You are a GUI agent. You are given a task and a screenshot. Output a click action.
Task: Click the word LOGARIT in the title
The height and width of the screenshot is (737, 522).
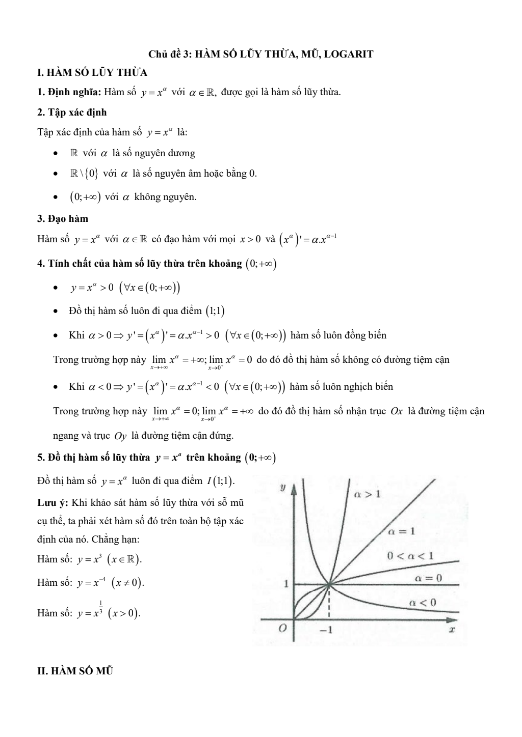(349, 53)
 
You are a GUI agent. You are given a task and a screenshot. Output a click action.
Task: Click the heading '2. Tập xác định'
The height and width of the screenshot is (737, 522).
(72, 112)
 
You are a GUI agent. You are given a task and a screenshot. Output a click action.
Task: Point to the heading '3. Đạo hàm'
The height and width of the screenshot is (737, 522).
(63, 219)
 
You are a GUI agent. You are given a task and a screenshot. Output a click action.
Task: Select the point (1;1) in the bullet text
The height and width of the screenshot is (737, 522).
(216, 310)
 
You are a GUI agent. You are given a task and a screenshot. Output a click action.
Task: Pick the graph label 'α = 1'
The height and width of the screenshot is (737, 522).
(401, 531)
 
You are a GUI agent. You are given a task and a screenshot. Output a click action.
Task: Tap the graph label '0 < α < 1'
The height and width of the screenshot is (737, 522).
(410, 555)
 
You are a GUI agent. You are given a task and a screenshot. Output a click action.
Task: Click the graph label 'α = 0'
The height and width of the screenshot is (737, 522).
(428, 578)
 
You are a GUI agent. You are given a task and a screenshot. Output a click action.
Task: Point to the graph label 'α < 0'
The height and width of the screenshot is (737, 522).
(423, 603)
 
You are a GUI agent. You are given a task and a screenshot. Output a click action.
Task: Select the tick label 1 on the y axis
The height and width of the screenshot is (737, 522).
(286, 584)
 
